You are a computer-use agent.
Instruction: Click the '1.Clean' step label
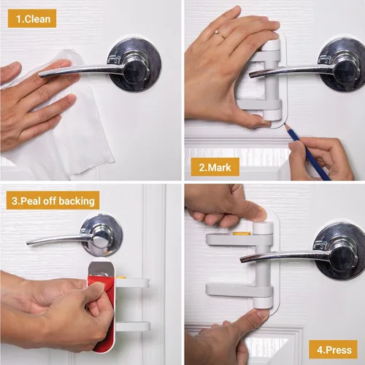[x=32, y=19]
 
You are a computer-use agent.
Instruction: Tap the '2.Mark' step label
[x=215, y=167]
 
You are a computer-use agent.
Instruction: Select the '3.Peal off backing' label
[x=53, y=201]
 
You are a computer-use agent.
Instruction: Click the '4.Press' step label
[x=334, y=350]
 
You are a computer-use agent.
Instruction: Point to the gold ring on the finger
[x=220, y=34]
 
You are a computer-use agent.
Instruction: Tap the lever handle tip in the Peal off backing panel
[x=28, y=243]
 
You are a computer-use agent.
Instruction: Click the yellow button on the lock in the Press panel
[x=241, y=234]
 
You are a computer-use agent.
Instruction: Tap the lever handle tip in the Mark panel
[x=251, y=75]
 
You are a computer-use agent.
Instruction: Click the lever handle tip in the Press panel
[x=242, y=259]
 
